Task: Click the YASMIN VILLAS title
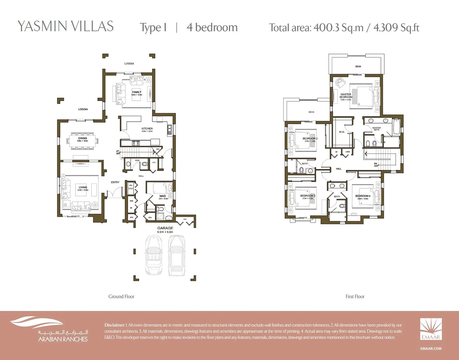coord(65,26)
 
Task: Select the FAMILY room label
coord(137,92)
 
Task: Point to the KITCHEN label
coord(147,129)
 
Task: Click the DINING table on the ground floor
coord(83,141)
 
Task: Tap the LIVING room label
coord(83,187)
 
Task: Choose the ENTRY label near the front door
coord(115,182)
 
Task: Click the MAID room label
coord(163,196)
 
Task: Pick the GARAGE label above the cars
coord(165,228)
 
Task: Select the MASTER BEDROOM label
coord(346,96)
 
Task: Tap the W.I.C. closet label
coord(342,132)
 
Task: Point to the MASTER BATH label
coord(376,129)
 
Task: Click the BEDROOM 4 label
coord(363,196)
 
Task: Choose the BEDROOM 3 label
coord(308,196)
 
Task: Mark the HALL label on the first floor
coord(339,169)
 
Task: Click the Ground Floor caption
coord(121,297)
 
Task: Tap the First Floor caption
coord(355,297)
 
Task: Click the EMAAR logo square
coord(431,329)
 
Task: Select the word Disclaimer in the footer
coord(114,325)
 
